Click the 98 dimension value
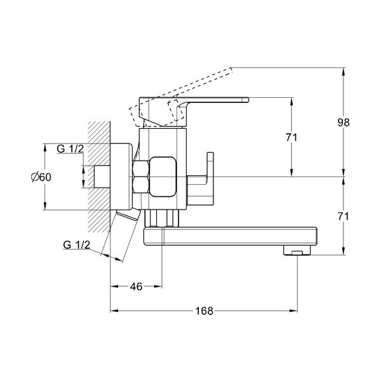click(344, 122)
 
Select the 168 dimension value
click(204, 311)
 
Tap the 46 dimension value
click(136, 287)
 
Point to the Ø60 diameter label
click(41, 177)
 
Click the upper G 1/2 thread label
click(70, 149)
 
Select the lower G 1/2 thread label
click(77, 244)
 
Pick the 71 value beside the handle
click(291, 138)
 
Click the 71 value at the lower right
click(344, 217)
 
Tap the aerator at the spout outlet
click(297, 250)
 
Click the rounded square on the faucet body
click(163, 177)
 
